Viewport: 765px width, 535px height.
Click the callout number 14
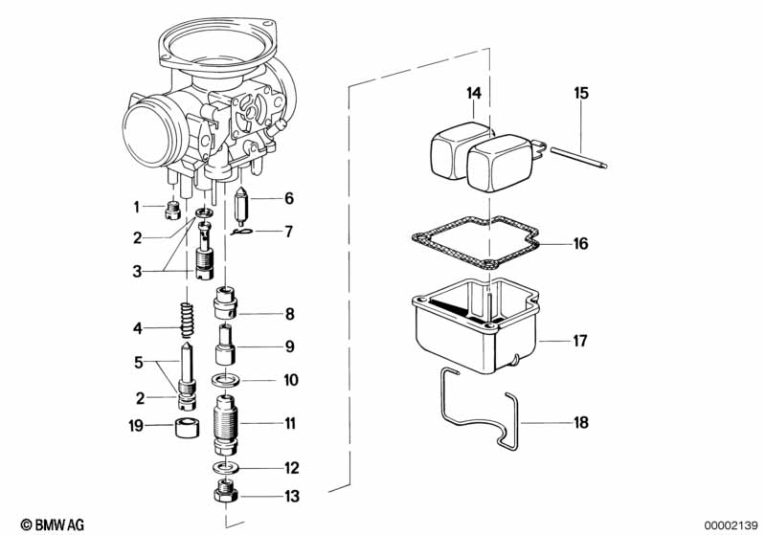pos(474,93)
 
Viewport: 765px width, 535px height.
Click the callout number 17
pos(579,341)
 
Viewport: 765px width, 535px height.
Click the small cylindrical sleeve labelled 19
pos(187,428)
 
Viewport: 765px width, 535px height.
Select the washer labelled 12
pos(225,467)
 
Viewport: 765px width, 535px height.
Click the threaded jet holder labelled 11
pos(225,424)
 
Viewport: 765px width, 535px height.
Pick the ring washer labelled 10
pos(225,378)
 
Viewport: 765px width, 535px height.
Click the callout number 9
pos(290,346)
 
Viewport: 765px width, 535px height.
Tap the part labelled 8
pos(225,302)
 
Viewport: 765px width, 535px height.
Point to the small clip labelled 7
pos(241,232)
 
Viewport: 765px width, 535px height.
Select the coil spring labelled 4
pos(187,320)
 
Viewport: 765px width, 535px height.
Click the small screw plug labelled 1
pos(172,212)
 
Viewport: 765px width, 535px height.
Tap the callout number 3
pos(137,271)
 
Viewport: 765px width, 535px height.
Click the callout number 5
pos(139,363)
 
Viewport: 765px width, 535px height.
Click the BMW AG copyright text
pos(53,524)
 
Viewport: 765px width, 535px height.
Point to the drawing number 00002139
pos(731,525)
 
